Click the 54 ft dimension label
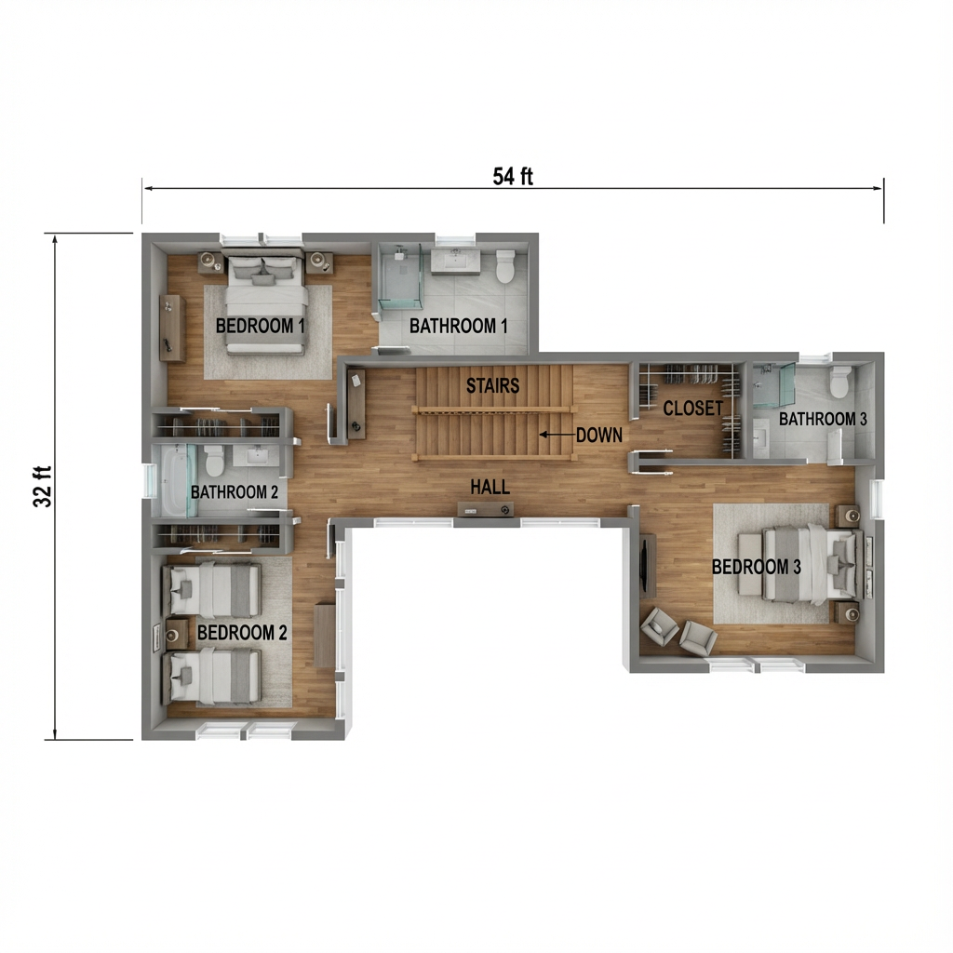[x=513, y=176]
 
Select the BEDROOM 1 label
[x=261, y=326]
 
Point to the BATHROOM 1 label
[x=459, y=326]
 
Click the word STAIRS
[x=492, y=385]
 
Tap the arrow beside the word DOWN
[x=556, y=435]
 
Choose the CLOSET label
[x=692, y=409]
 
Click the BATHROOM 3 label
[x=823, y=419]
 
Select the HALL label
[x=490, y=487]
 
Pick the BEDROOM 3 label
[x=756, y=567]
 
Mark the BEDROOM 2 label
[x=242, y=633]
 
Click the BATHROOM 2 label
[x=233, y=490]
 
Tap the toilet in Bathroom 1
[x=505, y=265]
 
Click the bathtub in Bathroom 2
[x=174, y=479]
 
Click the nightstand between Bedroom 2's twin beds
[x=174, y=635]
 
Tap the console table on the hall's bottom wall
[x=486, y=509]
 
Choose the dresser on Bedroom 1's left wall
[x=171, y=329]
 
